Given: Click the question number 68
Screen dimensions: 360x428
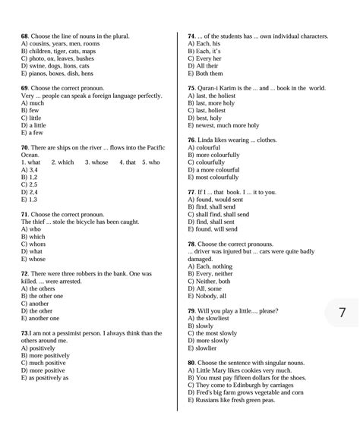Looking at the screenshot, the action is (24, 36).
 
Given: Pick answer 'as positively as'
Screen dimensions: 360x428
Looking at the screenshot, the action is (49, 376).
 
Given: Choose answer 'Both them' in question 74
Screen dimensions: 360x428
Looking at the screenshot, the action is (210, 74).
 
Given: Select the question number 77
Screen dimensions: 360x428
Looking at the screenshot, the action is (191, 193).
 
